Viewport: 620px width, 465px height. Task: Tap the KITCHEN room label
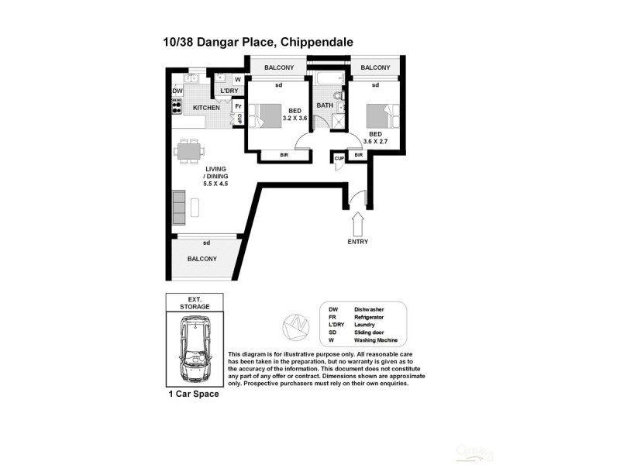click(206, 108)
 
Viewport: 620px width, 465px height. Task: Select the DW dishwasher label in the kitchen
click(177, 91)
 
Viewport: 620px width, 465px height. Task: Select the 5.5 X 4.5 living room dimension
click(217, 184)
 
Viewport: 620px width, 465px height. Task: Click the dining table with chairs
click(189, 150)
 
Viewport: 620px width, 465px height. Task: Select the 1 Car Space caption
click(194, 394)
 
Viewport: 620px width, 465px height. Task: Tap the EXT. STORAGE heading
click(194, 303)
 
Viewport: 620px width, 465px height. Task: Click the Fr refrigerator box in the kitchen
click(238, 105)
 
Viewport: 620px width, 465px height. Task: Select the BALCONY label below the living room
click(201, 259)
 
